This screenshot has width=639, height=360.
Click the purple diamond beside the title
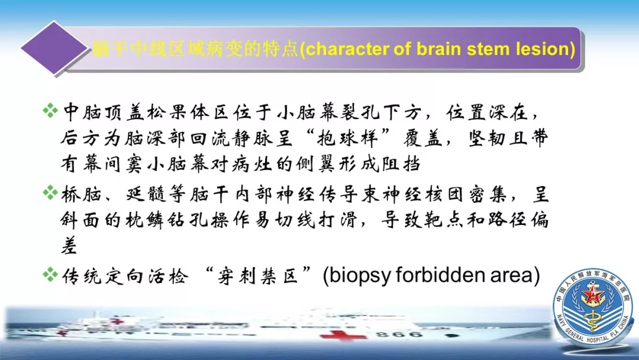54,48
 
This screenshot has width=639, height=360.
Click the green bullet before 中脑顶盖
50,111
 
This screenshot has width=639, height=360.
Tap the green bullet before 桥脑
50,192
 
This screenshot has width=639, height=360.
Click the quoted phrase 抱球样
347,139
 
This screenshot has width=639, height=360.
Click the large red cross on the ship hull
342,335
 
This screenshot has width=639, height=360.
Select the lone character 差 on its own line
69,246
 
